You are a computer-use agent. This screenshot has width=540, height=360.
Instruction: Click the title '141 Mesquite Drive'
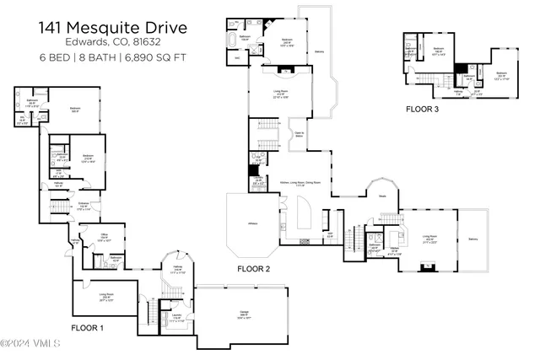coord(112,28)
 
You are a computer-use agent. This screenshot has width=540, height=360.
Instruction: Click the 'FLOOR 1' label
coord(87,327)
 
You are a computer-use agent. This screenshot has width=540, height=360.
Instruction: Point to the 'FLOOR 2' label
coord(253,269)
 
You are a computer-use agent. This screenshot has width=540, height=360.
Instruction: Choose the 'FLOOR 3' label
coord(422,109)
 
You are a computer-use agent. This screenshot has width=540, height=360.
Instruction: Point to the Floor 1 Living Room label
coord(106,297)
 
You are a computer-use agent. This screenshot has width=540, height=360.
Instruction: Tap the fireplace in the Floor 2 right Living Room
coord(428,267)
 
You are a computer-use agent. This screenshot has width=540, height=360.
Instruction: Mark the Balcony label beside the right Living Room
coord(472,239)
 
